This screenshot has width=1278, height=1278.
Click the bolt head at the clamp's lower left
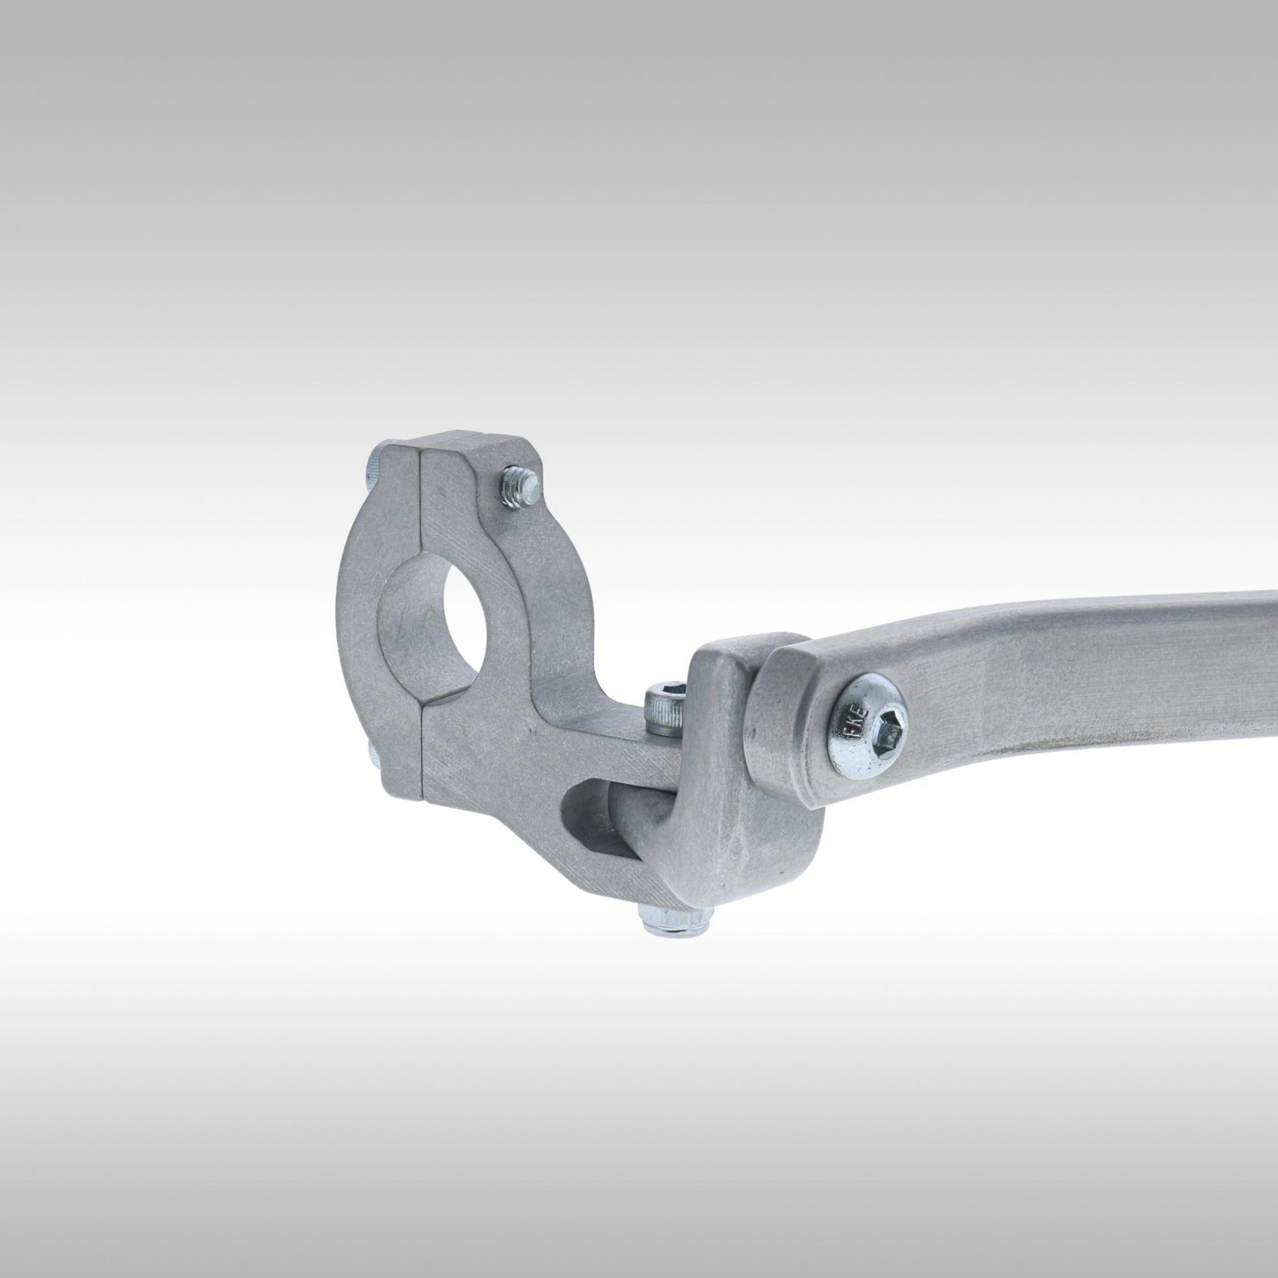(x=371, y=755)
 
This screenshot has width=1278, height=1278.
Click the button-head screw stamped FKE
(x=867, y=725)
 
